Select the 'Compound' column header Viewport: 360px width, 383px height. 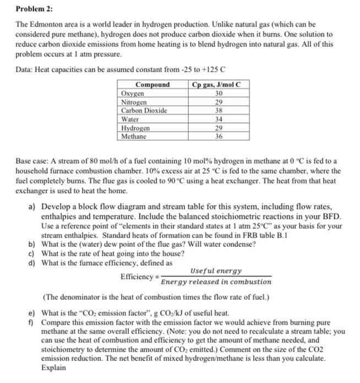point(152,85)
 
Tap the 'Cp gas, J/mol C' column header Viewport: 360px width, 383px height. point(215,85)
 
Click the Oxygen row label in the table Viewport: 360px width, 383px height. point(133,94)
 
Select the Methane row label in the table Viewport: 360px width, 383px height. point(134,136)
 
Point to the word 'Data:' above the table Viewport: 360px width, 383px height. point(24,70)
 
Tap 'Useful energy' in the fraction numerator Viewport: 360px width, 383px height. point(215,271)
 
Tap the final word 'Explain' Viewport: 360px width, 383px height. point(53,367)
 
